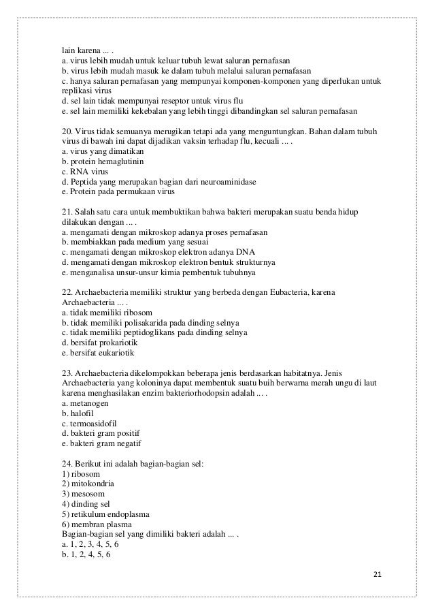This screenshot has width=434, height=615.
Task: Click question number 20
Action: [x=67, y=131]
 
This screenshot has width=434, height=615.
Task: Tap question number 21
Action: [x=67, y=212]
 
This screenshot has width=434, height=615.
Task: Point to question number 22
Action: [x=67, y=292]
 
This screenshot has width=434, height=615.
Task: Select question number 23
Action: [x=67, y=373]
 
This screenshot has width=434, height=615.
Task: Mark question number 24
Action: [x=67, y=464]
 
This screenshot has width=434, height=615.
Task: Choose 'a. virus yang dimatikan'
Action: [x=101, y=151]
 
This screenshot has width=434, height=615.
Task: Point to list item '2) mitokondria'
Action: [x=88, y=484]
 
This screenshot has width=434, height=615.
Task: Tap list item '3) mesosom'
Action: [x=82, y=494]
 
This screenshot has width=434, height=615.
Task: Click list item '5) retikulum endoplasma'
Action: [x=105, y=514]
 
